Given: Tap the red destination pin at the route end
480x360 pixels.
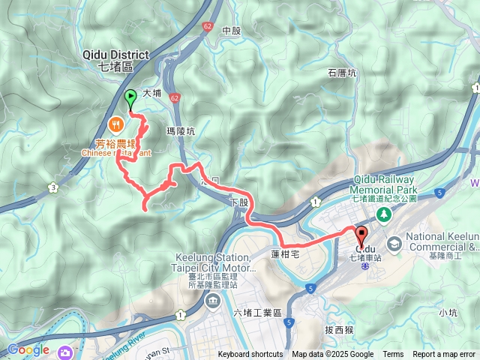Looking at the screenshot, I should point(361,235).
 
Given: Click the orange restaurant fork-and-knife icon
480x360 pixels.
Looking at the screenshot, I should point(115,123).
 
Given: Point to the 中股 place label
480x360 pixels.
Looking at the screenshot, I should point(232,31).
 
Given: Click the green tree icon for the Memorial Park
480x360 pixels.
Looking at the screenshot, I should point(383,214).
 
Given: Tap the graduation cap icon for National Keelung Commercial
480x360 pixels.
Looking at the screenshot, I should point(394,244).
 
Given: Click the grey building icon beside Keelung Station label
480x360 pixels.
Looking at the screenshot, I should point(211,301).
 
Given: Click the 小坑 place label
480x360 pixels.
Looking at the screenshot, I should point(448,312).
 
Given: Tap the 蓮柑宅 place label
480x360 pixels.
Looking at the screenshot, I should point(286,255).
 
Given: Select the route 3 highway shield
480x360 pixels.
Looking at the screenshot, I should point(52,187).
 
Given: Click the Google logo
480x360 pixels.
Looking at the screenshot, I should point(28,349).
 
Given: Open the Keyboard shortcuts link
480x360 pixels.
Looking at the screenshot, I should point(250,355).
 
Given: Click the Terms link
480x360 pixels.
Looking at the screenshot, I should point(393,355).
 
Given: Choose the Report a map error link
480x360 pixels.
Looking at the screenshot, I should point(444,355).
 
